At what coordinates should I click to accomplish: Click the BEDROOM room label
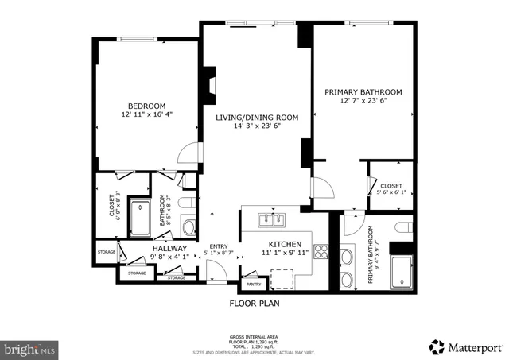pos(146,106)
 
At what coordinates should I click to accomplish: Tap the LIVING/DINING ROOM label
pos(257,118)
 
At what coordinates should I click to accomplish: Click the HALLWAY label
pos(169,248)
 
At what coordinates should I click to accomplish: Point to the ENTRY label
pos(218,246)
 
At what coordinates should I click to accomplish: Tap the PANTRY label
pos(254,284)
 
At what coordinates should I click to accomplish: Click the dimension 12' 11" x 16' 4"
pos(146,115)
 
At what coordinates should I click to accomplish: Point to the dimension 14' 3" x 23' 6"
pos(257,126)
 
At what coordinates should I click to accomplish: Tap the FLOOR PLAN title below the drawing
pos(254,303)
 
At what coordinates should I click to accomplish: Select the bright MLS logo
pos(30,348)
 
